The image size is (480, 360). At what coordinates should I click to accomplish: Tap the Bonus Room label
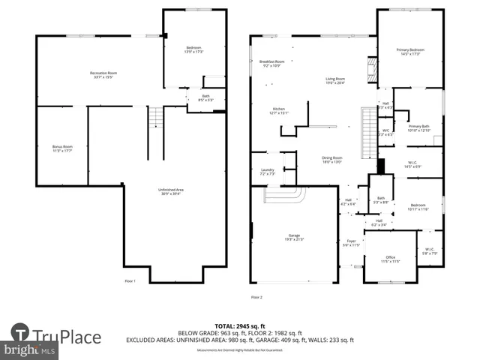[61, 148]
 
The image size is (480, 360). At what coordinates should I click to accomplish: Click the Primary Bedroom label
[409, 52]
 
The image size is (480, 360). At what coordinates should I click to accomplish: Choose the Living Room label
[334, 80]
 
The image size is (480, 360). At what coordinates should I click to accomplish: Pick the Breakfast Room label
[271, 63]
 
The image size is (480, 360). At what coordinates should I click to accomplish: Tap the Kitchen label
[279, 111]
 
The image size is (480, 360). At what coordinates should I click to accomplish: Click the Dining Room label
[331, 159]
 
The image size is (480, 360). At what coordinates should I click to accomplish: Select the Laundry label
[266, 172]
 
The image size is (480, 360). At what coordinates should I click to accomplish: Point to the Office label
[390, 259]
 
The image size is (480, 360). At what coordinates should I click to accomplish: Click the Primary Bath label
[418, 127]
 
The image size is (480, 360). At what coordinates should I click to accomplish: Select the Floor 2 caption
[257, 298]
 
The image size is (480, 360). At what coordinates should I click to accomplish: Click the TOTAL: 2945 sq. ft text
[239, 325]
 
